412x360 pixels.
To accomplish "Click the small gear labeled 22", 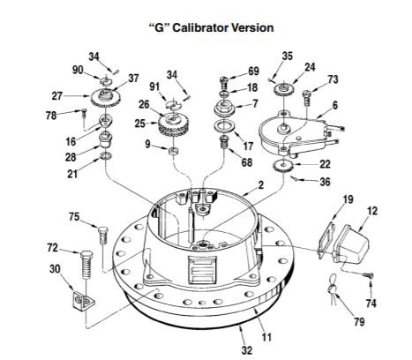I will click(x=285, y=166).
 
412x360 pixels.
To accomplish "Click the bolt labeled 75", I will click(x=103, y=236).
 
